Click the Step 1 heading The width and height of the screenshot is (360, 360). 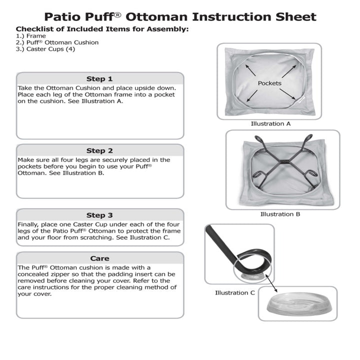click(x=99, y=79)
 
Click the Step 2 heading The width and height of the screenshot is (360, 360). click(x=99, y=150)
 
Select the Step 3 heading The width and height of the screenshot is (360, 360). click(x=99, y=215)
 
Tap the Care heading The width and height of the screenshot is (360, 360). click(x=99, y=258)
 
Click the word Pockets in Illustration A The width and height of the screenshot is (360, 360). click(x=269, y=83)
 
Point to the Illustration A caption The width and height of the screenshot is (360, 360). click(x=270, y=123)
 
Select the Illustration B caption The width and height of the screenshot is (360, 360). click(x=280, y=214)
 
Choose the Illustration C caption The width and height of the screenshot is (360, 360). click(x=235, y=292)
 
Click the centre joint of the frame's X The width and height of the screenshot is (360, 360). click(x=281, y=162)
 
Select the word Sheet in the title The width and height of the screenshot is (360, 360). click(x=296, y=16)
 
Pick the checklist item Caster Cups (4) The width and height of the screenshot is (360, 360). click(x=45, y=49)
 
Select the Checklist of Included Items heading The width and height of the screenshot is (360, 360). click(x=102, y=29)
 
